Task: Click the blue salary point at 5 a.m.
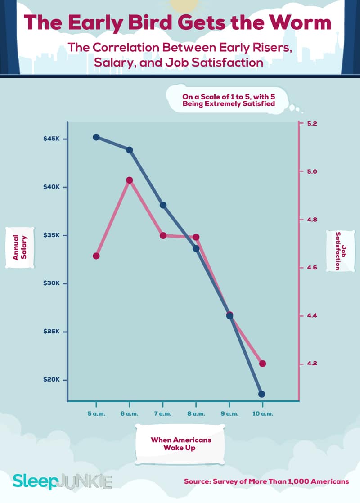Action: click(96, 137)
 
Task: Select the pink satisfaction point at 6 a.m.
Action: click(130, 180)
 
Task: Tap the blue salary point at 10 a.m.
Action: click(262, 394)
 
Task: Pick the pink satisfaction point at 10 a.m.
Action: click(263, 364)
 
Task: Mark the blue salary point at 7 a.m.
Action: click(163, 205)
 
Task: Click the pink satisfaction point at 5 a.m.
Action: click(96, 256)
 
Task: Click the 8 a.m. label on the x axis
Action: click(196, 413)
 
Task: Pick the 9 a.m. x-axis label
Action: click(229, 413)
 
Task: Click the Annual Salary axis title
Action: click(19, 248)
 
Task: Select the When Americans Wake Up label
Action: click(181, 444)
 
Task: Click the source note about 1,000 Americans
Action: click(266, 481)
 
